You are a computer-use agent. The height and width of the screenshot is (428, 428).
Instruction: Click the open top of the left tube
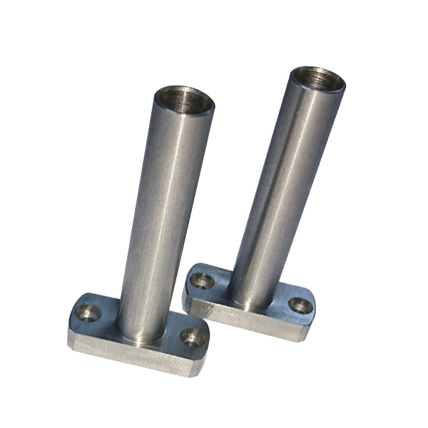184,101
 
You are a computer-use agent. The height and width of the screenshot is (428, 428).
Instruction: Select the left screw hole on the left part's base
88,312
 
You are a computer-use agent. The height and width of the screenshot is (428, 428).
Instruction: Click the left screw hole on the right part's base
203,280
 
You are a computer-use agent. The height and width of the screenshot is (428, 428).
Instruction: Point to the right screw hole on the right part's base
300,306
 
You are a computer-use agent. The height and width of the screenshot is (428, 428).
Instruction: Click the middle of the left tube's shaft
158,214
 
